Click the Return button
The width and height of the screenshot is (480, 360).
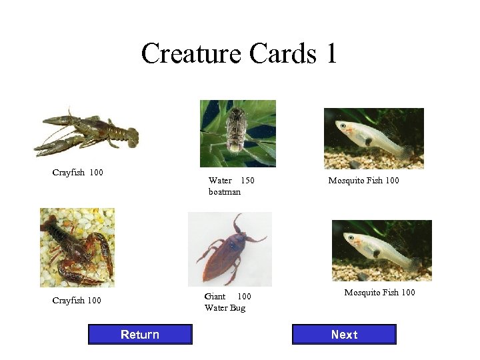click(140, 334)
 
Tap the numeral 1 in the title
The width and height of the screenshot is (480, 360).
click(331, 53)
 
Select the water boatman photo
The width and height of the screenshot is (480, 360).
click(238, 133)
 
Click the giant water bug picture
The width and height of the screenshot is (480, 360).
click(230, 249)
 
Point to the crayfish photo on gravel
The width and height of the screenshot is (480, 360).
click(77, 247)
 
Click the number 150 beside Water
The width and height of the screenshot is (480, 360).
click(247, 180)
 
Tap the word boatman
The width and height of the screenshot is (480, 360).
click(225, 191)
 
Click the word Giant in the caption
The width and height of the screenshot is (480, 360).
click(215, 296)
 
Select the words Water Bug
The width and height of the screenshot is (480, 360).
click(225, 307)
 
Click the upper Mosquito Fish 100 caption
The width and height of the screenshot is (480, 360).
click(363, 180)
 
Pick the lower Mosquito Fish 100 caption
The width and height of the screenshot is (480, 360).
click(379, 292)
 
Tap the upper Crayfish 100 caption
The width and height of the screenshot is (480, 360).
click(77, 173)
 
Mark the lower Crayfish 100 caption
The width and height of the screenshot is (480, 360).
click(77, 300)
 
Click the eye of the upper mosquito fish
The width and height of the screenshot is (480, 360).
click(343, 125)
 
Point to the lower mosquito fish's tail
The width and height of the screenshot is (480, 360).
click(414, 263)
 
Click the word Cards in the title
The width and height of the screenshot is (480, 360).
click(280, 53)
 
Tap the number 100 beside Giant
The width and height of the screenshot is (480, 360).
click(245, 296)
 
